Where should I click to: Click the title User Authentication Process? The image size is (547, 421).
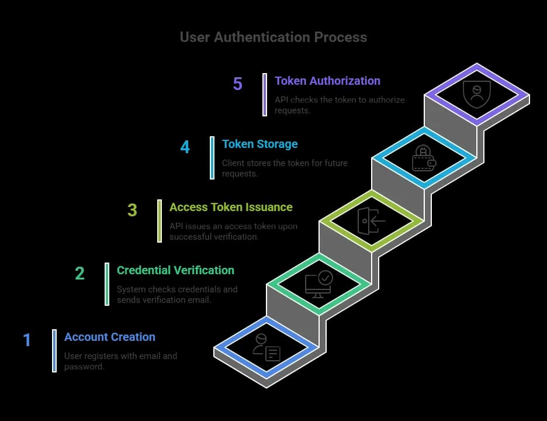(273, 37)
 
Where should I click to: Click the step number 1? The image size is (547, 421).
(27, 340)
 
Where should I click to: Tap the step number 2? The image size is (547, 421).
(79, 273)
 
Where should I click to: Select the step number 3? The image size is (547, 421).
(132, 210)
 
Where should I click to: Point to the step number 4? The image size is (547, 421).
(185, 147)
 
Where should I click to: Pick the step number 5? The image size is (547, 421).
(237, 84)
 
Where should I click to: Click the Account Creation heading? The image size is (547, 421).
(110, 337)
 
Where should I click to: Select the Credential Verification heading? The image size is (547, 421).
(175, 270)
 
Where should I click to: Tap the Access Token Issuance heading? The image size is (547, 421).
(231, 207)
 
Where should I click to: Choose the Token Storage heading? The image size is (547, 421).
(259, 144)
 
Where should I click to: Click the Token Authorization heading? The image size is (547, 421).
(327, 81)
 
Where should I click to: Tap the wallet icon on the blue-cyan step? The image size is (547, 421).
(424, 158)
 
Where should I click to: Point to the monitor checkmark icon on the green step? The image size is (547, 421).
(318, 284)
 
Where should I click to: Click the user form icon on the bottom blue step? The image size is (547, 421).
(266, 347)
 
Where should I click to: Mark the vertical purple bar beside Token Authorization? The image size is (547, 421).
(265, 94)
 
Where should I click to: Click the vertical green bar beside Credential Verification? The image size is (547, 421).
(107, 284)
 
